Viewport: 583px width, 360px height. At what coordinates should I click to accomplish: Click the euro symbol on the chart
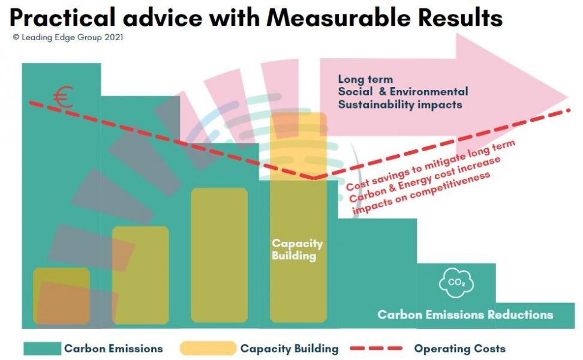click(62, 98)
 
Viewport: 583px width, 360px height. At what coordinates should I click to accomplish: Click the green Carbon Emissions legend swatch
click(42, 348)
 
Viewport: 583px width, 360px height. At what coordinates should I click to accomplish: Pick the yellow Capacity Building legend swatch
click(208, 348)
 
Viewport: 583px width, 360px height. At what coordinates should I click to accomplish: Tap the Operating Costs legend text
click(459, 348)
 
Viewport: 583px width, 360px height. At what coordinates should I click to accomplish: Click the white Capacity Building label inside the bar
click(297, 250)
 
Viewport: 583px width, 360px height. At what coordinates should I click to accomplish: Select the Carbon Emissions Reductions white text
click(465, 314)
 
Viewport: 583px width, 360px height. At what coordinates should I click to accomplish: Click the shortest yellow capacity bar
click(61, 295)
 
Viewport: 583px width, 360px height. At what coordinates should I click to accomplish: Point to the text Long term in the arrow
click(365, 79)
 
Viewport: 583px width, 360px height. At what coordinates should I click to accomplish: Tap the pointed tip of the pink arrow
click(567, 97)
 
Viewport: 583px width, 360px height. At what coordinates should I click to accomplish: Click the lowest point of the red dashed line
click(314, 178)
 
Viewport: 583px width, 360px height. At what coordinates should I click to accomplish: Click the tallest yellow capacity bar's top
click(298, 115)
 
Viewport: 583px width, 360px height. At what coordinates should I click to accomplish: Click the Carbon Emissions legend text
click(113, 348)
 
